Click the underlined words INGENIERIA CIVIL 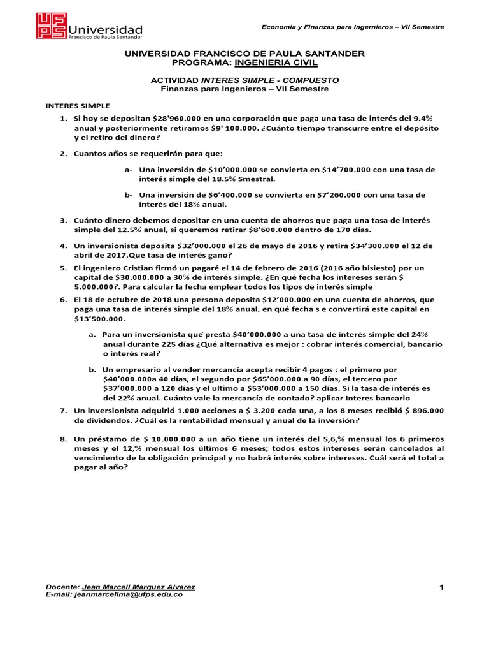276,64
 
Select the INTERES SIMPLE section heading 76,105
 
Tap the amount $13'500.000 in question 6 101,319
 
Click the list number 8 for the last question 63,440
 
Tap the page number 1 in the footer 441,587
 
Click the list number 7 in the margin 63,411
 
